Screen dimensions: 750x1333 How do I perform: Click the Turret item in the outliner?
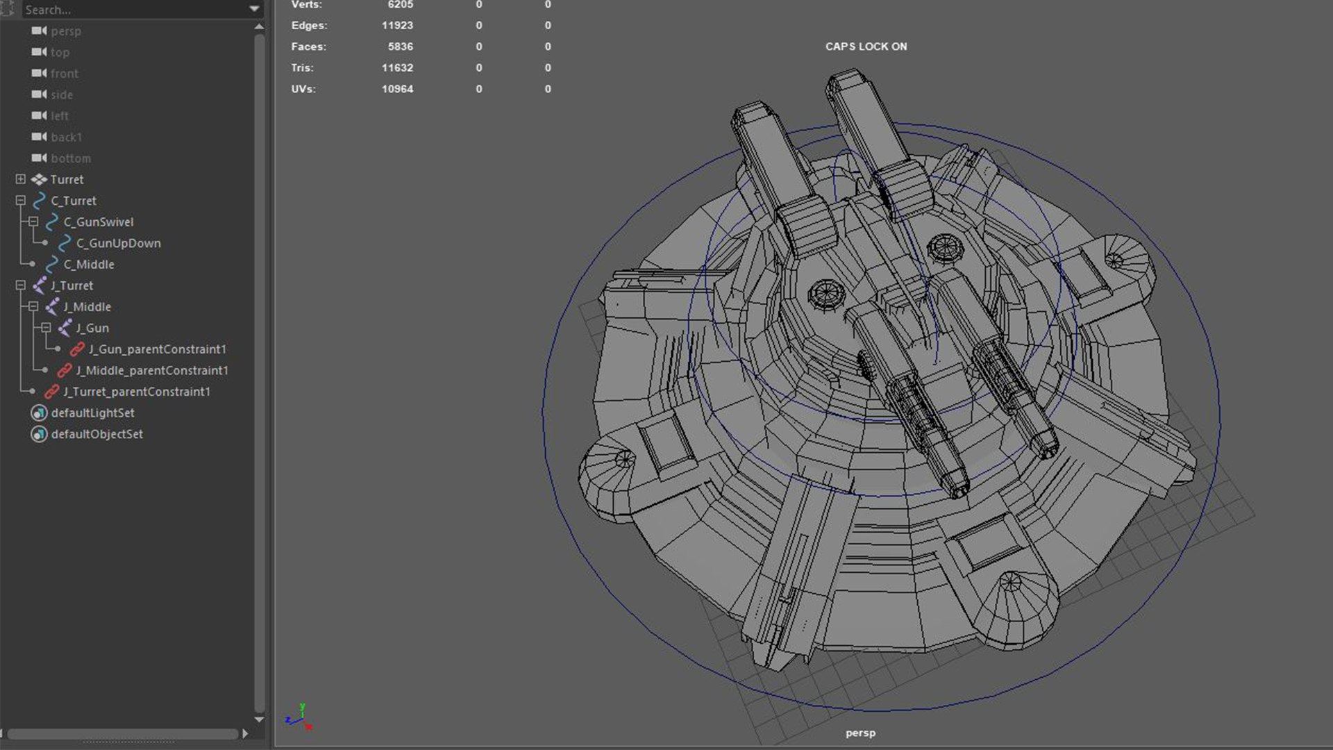pos(67,179)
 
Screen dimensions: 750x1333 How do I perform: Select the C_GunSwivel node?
pos(98,222)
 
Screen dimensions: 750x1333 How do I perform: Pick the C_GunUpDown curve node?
pos(118,243)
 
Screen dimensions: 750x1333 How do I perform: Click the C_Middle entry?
pos(89,265)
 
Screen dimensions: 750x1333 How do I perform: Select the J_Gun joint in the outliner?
pos(92,328)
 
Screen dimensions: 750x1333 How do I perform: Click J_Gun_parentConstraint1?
pos(157,349)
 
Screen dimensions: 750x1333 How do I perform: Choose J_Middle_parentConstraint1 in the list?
pos(151,370)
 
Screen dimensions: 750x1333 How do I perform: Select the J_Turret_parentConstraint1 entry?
pos(136,392)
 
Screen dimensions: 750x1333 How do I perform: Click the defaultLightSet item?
pos(92,412)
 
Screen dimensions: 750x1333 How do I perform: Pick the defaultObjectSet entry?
pos(97,434)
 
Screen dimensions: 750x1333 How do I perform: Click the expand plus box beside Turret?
pos(21,179)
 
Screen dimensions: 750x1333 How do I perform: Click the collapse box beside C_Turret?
pos(21,201)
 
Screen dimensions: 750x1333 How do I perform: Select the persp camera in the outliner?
pos(65,31)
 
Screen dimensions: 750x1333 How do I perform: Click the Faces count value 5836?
pos(400,47)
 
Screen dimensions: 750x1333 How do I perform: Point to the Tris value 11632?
pos(397,68)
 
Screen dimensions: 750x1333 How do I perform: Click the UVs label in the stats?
pos(303,89)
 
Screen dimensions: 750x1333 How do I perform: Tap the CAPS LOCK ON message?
pos(866,47)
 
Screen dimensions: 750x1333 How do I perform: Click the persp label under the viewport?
pos(860,733)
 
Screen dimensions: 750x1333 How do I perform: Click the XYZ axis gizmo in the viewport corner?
pos(299,717)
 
